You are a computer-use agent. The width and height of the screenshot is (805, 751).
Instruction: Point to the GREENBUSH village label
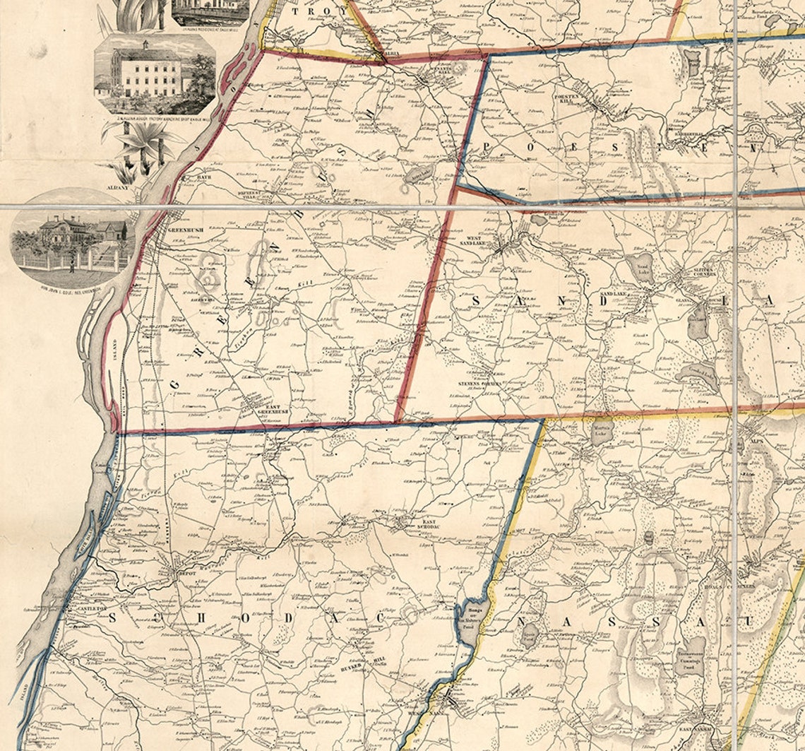tap(185, 229)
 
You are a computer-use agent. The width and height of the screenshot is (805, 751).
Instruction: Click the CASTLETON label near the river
tap(90, 608)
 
